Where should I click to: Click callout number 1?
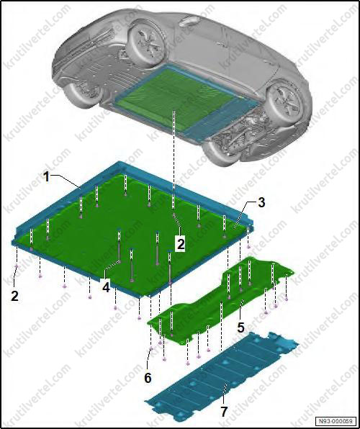(47, 177)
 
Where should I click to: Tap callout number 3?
(261, 203)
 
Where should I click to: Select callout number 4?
(106, 287)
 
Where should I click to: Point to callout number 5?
(240, 328)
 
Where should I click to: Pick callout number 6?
(148, 378)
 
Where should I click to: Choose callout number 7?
(224, 412)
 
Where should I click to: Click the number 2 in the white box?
(181, 243)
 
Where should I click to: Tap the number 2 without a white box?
(15, 296)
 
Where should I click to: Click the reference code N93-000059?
(336, 420)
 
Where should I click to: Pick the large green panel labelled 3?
(132, 235)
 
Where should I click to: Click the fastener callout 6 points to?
(151, 348)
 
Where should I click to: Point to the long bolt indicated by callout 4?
(120, 246)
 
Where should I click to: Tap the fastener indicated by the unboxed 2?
(17, 266)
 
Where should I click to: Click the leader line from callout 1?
(66, 181)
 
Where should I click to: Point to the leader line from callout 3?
(244, 212)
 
